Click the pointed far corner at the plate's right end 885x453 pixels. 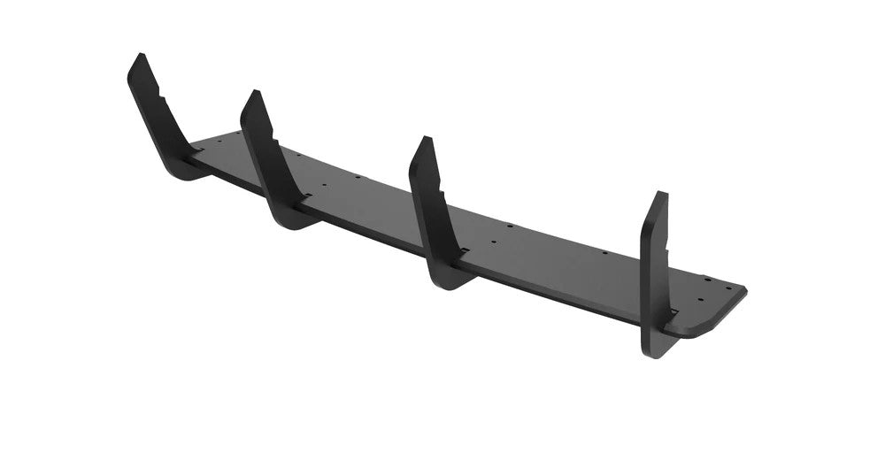coord(745,292)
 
